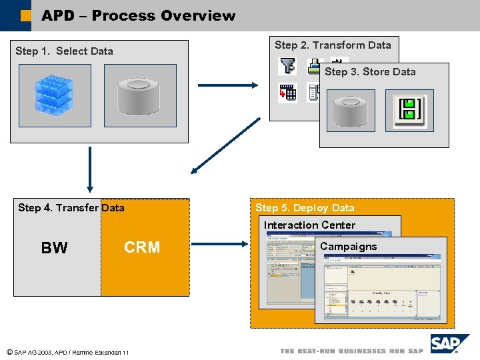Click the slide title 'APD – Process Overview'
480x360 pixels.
(138, 15)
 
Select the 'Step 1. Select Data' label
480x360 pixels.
(64, 51)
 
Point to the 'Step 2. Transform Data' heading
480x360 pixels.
(333, 45)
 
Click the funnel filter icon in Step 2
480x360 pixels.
(287, 66)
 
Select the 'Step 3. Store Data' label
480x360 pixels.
(369, 72)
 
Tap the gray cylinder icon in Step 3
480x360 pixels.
(350, 110)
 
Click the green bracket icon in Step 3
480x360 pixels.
(409, 110)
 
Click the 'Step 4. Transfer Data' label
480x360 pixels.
(71, 208)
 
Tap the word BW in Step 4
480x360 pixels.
(54, 248)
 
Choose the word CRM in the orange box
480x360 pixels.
(142, 247)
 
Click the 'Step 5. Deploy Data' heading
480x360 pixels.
(305, 208)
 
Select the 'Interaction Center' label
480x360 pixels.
(309, 225)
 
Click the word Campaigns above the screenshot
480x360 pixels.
(348, 247)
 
